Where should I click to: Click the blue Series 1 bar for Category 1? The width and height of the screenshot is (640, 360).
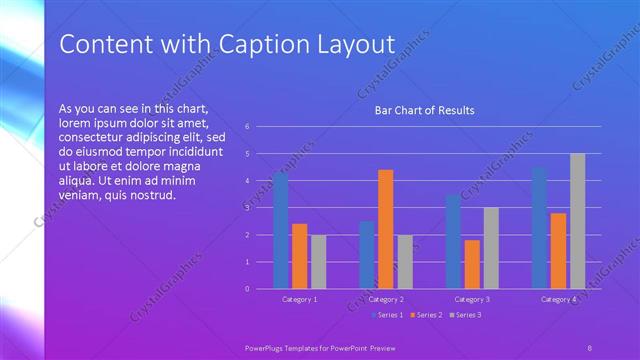coord(280,231)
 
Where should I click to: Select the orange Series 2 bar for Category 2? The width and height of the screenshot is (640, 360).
coord(385,229)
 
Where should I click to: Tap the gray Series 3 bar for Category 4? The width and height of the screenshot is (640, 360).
coord(577,221)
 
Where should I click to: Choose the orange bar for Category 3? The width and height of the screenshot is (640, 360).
coord(472,264)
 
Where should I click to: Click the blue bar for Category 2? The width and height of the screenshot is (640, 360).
coord(366,255)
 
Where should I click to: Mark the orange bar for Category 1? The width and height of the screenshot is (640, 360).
coord(299,256)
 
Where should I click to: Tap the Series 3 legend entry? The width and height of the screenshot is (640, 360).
coord(466,316)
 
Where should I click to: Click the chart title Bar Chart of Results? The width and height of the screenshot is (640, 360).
coord(424,110)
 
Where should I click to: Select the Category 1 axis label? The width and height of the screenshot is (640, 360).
coord(299,299)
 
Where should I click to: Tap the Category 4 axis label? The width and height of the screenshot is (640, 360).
coord(558,299)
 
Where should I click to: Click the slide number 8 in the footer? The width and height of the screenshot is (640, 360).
coord(590,347)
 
